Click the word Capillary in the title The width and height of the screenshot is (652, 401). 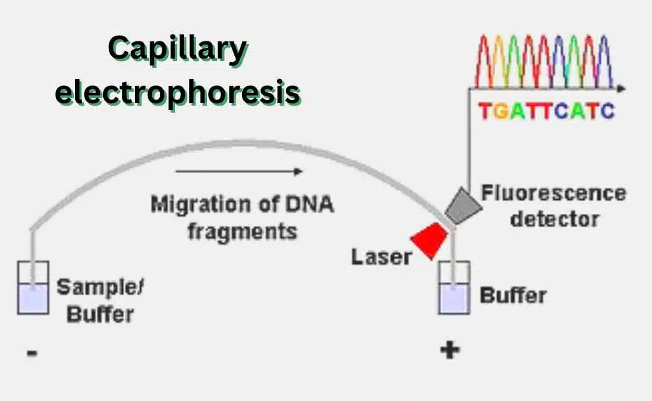point(176,50)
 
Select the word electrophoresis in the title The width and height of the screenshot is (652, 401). point(178,93)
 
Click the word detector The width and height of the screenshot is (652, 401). point(555,219)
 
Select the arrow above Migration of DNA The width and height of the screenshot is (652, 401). point(239,171)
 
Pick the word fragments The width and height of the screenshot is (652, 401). point(242,230)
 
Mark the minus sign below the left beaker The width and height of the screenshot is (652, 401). point(32,351)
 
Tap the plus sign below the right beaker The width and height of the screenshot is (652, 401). point(450,350)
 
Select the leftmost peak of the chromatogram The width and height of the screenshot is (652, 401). point(485,60)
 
